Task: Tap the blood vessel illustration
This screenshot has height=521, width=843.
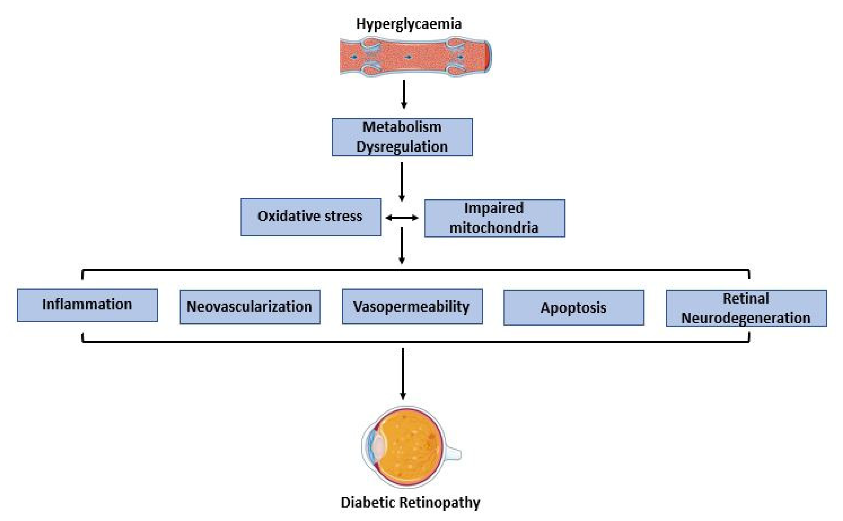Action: click(415, 57)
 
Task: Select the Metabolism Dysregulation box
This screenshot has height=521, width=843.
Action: click(402, 137)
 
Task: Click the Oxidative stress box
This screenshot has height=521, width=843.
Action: click(311, 217)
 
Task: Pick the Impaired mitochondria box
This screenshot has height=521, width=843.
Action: click(494, 218)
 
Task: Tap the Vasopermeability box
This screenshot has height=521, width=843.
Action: click(412, 306)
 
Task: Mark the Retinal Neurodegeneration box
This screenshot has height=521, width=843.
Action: click(746, 308)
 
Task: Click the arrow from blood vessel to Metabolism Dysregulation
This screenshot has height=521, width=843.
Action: click(404, 94)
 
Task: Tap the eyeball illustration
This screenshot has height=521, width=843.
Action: click(408, 447)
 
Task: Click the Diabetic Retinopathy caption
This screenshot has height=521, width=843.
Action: click(410, 502)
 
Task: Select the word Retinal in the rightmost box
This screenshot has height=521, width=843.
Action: click(746, 298)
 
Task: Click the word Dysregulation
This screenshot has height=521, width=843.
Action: click(402, 147)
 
